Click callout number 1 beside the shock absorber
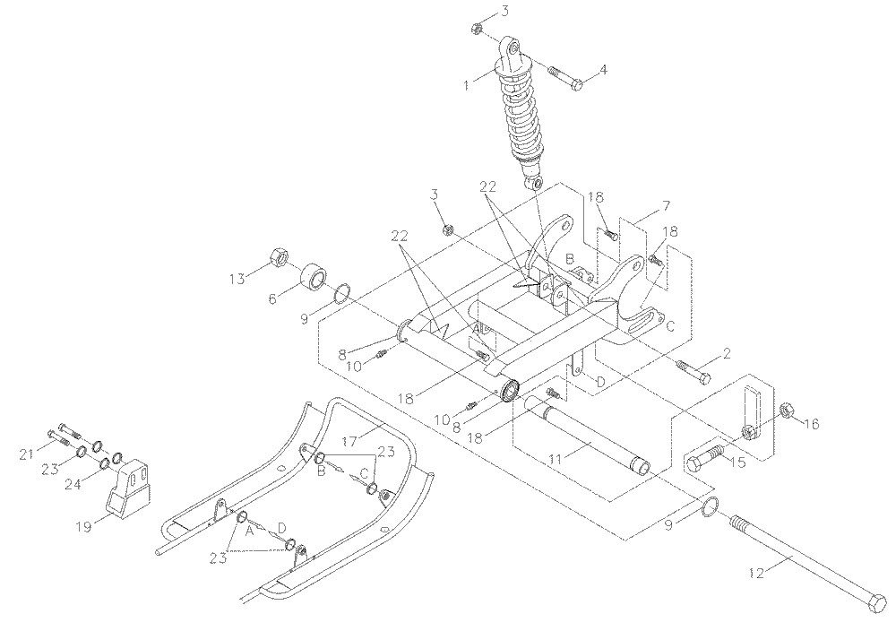(466, 86)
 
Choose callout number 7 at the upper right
(666, 207)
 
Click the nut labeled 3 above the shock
(477, 30)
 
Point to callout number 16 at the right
(810, 423)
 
